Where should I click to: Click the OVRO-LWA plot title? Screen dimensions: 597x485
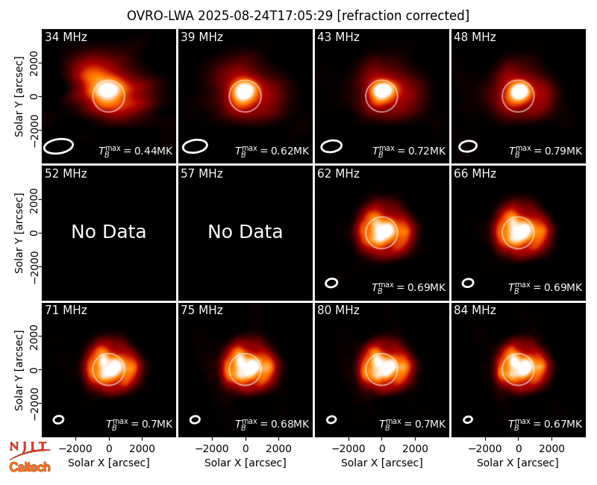(x=298, y=16)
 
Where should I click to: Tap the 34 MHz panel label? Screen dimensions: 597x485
(x=66, y=37)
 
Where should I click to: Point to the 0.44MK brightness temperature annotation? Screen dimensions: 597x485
(x=136, y=151)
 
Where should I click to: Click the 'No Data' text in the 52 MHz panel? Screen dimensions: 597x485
(x=108, y=231)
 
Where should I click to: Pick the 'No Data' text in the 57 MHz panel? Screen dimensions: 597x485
(x=246, y=231)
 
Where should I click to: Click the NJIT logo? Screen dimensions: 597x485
(x=30, y=449)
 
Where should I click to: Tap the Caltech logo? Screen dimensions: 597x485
(x=30, y=467)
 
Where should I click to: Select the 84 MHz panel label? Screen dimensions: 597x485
(x=475, y=310)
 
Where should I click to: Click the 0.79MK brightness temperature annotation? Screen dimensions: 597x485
(x=546, y=151)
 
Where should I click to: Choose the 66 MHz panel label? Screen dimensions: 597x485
(x=475, y=174)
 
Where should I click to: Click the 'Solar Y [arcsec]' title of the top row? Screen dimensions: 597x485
(x=19, y=97)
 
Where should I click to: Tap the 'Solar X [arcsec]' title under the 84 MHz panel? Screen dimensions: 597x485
(x=518, y=463)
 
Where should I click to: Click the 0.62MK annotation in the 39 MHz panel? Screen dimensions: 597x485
(x=272, y=151)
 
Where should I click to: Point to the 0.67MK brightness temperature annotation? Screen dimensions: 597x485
(x=546, y=423)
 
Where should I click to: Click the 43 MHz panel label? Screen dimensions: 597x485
(x=338, y=37)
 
